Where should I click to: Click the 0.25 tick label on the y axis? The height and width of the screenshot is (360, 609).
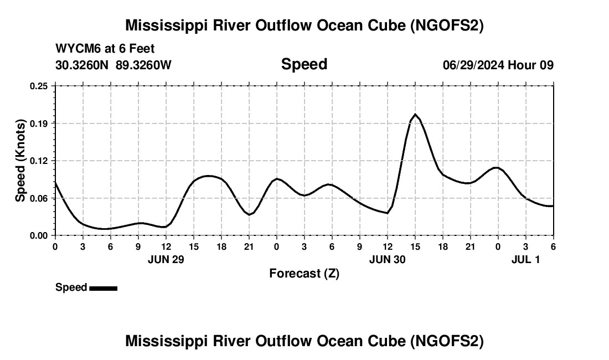pyautogui.click(x=39, y=86)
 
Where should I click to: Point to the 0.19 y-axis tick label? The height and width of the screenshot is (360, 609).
pyautogui.click(x=39, y=123)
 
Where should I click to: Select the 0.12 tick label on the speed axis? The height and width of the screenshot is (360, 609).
pyautogui.click(x=39, y=161)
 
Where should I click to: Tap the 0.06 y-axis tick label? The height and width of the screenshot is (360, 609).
pyautogui.click(x=39, y=198)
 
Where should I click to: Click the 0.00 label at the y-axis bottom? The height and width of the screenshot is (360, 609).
pyautogui.click(x=39, y=235)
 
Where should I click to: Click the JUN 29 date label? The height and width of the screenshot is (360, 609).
pyautogui.click(x=166, y=259)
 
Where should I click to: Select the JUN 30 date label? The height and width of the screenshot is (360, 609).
pyautogui.click(x=388, y=259)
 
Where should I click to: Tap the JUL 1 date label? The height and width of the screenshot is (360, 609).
pyautogui.click(x=525, y=259)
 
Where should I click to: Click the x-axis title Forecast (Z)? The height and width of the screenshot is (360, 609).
pyautogui.click(x=304, y=273)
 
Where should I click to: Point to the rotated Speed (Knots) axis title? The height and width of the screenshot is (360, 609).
pyautogui.click(x=20, y=160)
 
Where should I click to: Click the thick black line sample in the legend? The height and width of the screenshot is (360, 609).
pyautogui.click(x=103, y=288)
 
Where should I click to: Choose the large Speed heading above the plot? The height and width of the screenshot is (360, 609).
pyautogui.click(x=304, y=64)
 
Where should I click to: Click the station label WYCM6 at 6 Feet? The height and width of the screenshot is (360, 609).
pyautogui.click(x=105, y=49)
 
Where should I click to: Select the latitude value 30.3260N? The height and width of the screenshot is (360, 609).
pyautogui.click(x=83, y=65)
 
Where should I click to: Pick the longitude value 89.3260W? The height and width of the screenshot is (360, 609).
pyautogui.click(x=143, y=65)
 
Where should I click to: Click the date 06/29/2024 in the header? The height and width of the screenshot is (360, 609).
pyautogui.click(x=473, y=65)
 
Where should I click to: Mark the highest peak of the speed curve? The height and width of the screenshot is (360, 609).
pyautogui.click(x=415, y=114)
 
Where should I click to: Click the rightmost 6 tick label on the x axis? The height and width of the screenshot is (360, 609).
pyautogui.click(x=553, y=246)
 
